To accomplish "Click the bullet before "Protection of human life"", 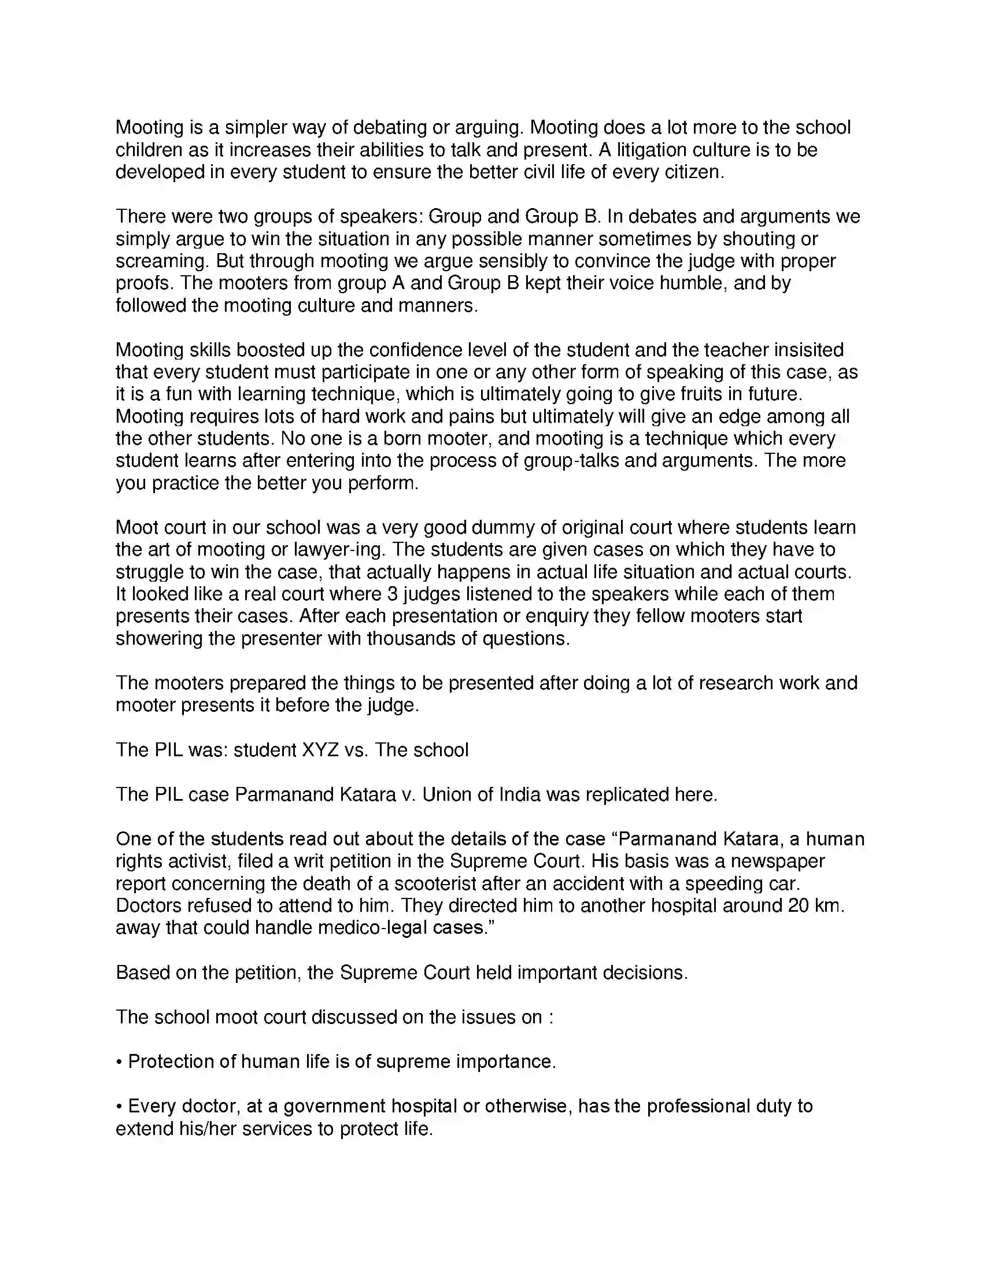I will click(119, 1062).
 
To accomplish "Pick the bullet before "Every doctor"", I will click(119, 1106).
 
